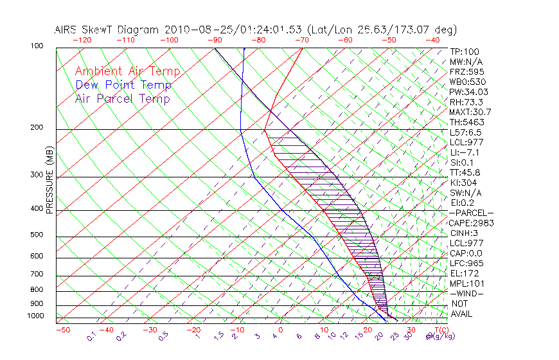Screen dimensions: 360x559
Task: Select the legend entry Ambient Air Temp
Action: click(127, 71)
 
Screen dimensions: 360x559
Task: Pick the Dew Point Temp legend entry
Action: click(123, 85)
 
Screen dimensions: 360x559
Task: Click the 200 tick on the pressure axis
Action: click(37, 128)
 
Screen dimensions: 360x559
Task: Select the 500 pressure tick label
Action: click(37, 235)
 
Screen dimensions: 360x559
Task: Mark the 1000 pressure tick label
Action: click(35, 316)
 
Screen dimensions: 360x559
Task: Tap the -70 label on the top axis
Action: click(301, 40)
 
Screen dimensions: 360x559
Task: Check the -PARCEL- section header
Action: click(471, 213)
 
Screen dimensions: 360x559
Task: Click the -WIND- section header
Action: click(466, 294)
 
